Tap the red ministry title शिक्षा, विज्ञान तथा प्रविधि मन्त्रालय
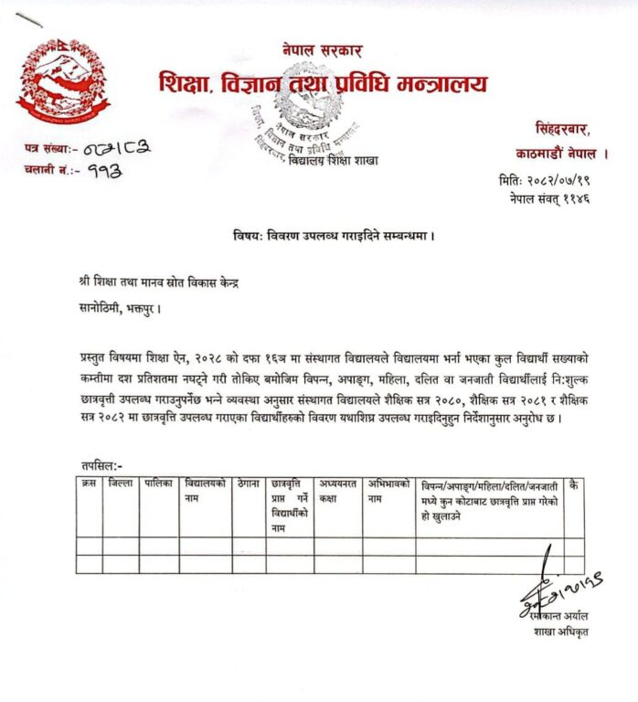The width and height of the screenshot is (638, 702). [x=324, y=85]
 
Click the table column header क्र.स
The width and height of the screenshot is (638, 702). [x=88, y=483]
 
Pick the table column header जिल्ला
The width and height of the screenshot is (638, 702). [x=120, y=483]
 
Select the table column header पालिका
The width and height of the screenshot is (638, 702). [x=157, y=483]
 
